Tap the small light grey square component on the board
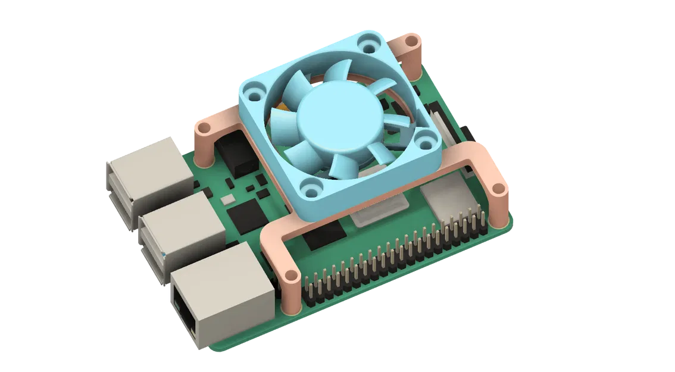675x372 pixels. tap(227, 197)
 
